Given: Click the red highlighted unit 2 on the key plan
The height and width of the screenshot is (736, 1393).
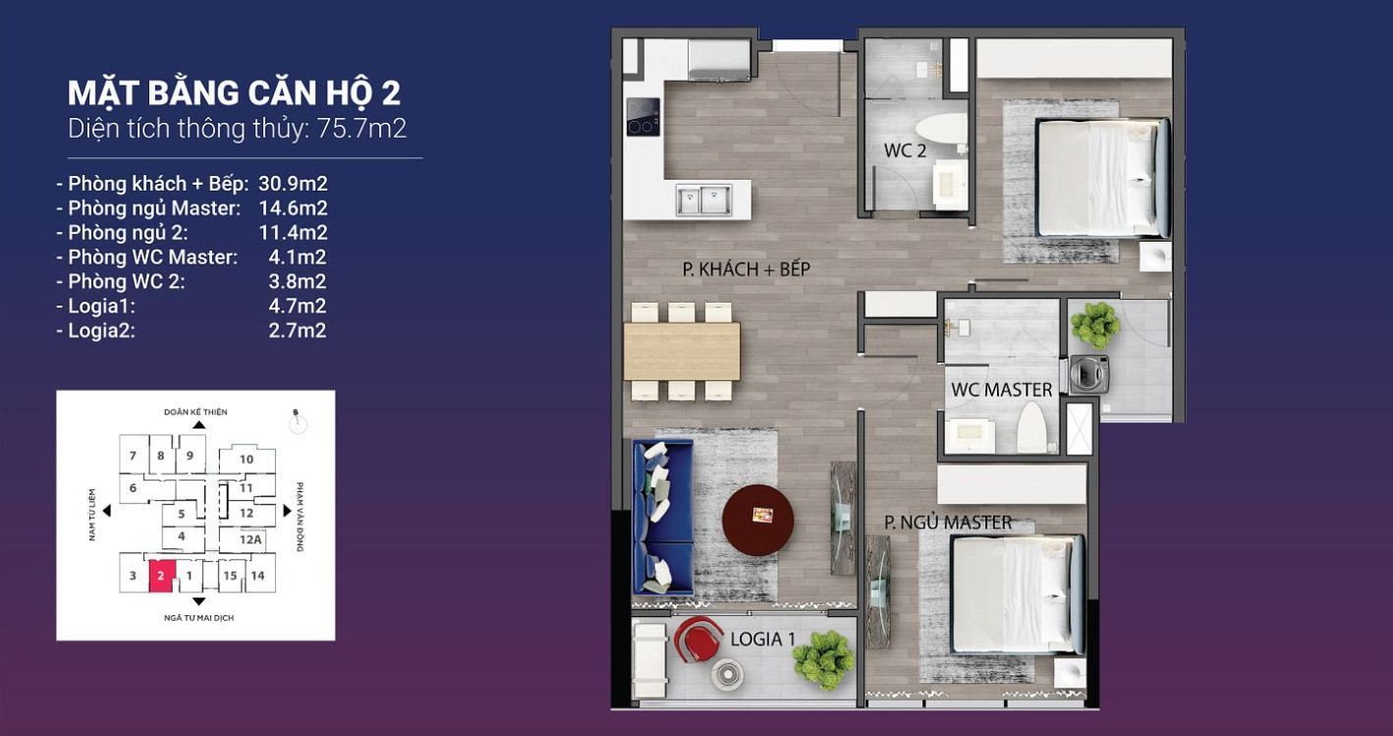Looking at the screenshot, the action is (x=161, y=576).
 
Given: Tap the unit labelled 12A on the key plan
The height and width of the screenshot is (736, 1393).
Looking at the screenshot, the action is (x=250, y=539).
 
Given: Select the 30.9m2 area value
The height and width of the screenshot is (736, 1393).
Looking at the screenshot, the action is (x=293, y=184).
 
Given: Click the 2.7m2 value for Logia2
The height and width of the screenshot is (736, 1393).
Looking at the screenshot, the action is (x=298, y=330).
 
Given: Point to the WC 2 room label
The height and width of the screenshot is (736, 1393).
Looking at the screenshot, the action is (x=905, y=150).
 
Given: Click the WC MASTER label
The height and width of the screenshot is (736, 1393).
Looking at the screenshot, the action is (x=1001, y=390).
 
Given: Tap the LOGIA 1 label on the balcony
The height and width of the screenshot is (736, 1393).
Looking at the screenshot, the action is (x=762, y=640).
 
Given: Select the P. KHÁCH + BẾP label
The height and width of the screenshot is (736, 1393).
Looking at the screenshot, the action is (x=747, y=269).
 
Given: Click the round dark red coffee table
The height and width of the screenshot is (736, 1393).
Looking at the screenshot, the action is (x=757, y=520).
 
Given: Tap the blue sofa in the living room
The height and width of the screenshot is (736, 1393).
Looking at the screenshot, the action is (x=662, y=517).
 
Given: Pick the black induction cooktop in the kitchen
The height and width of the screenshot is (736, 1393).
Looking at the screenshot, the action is (x=643, y=117).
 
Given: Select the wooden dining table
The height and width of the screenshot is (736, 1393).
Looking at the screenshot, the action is (x=682, y=351).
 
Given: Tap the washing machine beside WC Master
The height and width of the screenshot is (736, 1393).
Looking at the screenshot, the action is (x=1089, y=374).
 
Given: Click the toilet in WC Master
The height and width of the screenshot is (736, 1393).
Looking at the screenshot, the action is (x=1032, y=427).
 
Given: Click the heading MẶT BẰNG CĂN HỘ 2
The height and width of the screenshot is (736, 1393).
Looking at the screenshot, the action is (x=235, y=93).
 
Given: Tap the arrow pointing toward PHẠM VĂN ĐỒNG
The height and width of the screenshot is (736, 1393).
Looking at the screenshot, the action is (x=287, y=511).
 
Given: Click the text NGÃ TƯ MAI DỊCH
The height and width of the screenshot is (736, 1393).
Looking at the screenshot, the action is (x=199, y=618).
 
